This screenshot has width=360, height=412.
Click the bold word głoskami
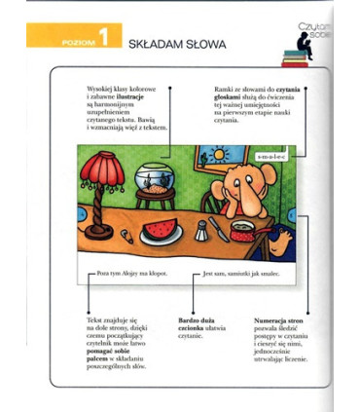(x=234, y=103)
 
